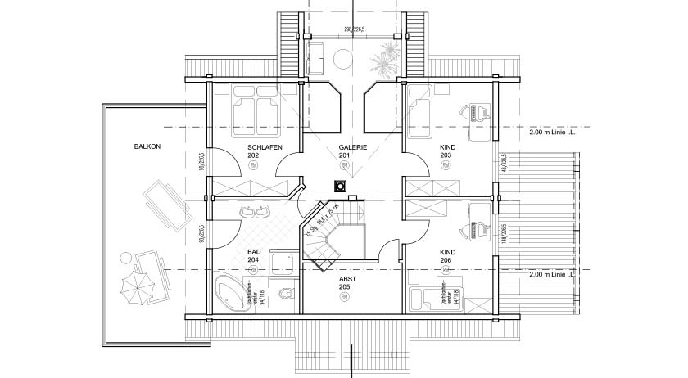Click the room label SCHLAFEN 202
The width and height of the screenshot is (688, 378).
(x=265, y=151)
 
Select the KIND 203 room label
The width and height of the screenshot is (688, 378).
(x=447, y=151)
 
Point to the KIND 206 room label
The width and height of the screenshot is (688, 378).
(x=447, y=257)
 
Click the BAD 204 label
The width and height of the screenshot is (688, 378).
(x=254, y=257)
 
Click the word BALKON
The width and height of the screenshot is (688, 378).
(x=147, y=146)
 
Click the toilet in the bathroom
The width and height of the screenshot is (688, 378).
(x=285, y=295)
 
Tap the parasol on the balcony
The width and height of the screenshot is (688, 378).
(x=136, y=287)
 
